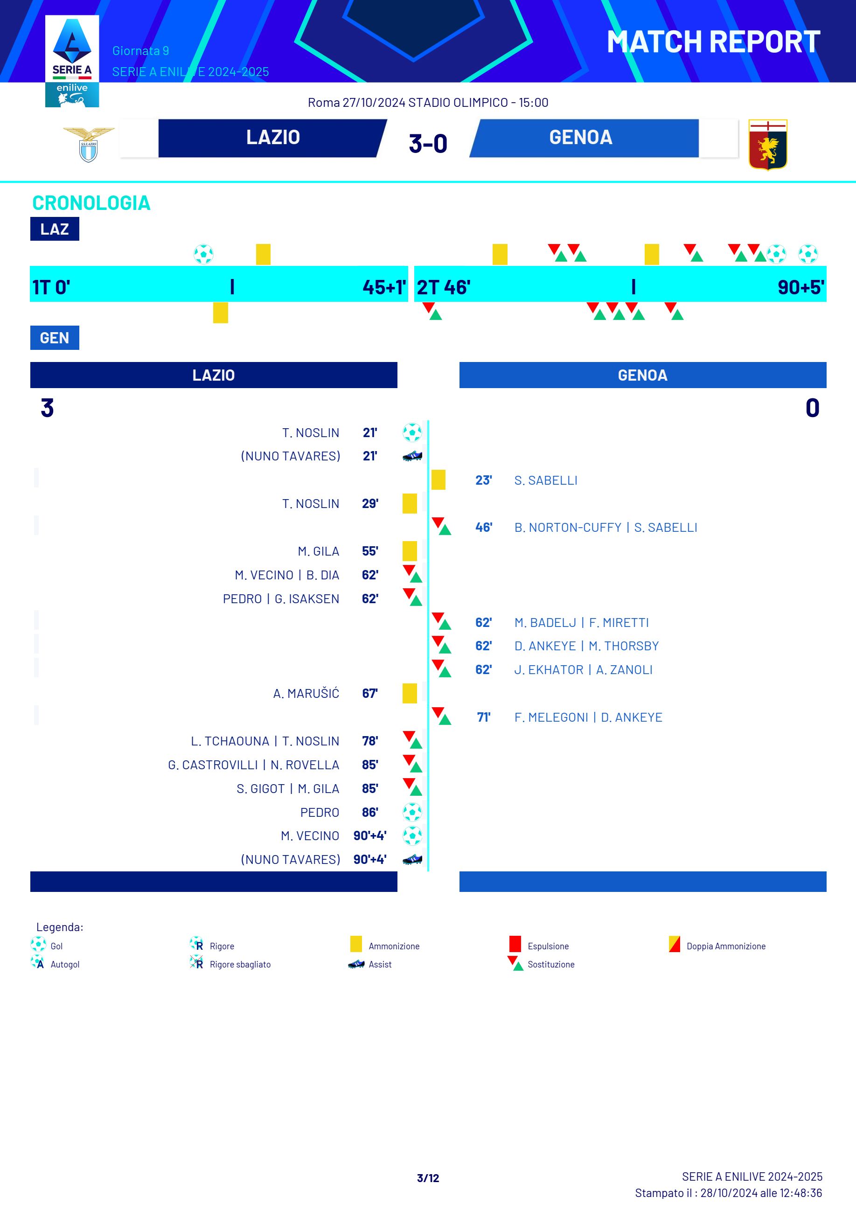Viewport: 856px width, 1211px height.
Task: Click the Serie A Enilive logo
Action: [72, 61]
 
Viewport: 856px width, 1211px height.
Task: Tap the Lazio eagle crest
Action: [89, 144]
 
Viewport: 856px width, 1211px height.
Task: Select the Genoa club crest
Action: [767, 144]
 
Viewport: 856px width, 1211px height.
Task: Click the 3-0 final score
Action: [428, 144]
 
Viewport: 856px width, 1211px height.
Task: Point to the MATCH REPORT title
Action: [713, 42]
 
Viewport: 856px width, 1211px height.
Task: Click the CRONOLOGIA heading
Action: [91, 203]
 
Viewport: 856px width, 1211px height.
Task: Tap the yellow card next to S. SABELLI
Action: [438, 480]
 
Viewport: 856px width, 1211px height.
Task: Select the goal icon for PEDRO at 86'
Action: [412, 812]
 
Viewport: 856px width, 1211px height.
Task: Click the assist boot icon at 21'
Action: [412, 456]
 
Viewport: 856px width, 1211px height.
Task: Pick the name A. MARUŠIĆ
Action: [306, 694]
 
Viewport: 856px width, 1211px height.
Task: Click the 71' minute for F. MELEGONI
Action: [484, 717]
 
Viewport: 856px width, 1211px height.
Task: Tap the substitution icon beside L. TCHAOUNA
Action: [412, 740]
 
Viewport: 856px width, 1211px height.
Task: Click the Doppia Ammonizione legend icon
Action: [674, 944]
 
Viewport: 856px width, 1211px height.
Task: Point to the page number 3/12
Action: [428, 1178]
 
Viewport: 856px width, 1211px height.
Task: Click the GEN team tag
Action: [54, 338]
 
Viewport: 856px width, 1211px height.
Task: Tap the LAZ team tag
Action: [54, 229]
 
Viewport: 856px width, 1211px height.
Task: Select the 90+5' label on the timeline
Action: [800, 287]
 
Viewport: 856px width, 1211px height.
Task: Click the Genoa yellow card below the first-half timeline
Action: [221, 313]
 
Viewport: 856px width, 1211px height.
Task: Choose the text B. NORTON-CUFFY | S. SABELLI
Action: [605, 528]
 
